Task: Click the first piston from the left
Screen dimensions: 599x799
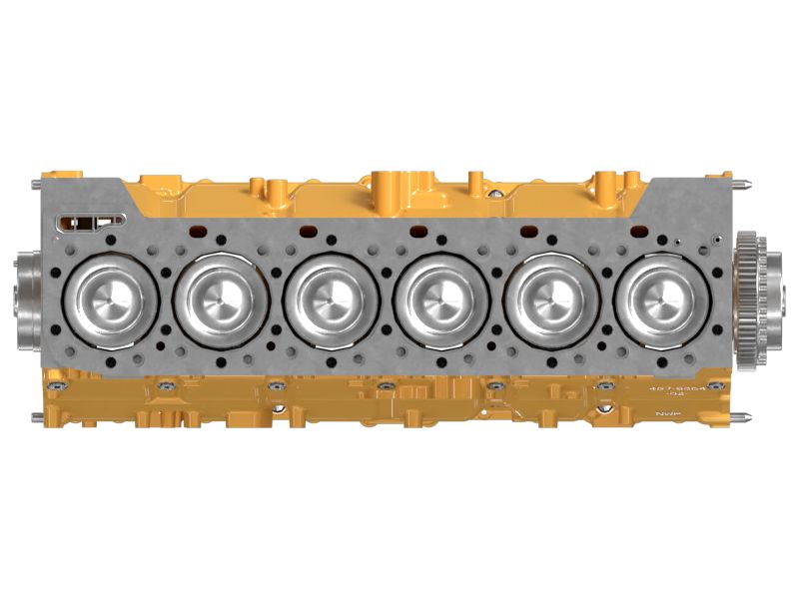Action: click(107, 297)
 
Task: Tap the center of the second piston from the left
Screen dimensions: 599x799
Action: click(219, 297)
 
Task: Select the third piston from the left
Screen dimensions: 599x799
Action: click(329, 297)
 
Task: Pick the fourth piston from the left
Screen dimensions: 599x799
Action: click(439, 297)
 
